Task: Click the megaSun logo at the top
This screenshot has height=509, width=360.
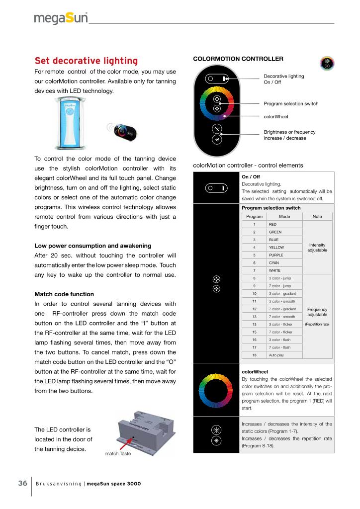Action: pyautogui.click(x=61, y=19)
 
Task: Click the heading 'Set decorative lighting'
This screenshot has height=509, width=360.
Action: pyautogui.click(x=86, y=61)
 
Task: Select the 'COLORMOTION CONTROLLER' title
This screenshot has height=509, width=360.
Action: pyautogui.click(x=238, y=59)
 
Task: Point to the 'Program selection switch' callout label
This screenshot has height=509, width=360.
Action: pyautogui.click(x=291, y=103)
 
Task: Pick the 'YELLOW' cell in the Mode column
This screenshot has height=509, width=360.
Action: pyautogui.click(x=276, y=248)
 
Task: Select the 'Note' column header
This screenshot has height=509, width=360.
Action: pyautogui.click(x=317, y=217)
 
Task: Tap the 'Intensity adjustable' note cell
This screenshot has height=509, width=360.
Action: pyautogui.click(x=317, y=248)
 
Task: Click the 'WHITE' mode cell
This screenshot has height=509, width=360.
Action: pyautogui.click(x=275, y=270)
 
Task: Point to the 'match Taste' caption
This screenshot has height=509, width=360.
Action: pyautogui.click(x=118, y=454)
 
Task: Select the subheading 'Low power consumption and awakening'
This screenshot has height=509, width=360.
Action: pyautogui.click(x=93, y=246)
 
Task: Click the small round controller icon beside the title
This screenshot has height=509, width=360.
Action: pyautogui.click(x=327, y=64)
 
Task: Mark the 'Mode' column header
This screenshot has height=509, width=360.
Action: pyautogui.click(x=284, y=217)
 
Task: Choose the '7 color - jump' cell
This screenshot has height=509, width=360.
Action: pyautogui.click(x=279, y=286)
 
